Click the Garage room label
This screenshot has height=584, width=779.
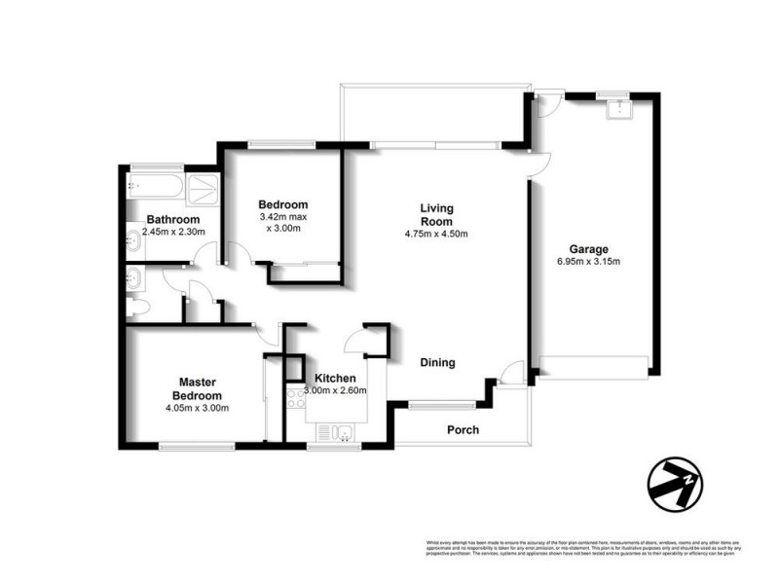pos(588,249)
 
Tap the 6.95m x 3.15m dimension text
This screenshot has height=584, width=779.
pos(588,262)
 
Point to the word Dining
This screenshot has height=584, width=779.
pos(437,363)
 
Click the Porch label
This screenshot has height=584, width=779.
pos(464,430)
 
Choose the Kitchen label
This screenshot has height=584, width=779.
pos(334,379)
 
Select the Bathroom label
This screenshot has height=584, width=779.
pos(173,220)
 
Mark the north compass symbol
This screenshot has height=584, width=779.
pos(674,484)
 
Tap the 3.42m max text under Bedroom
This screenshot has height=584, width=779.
pos(282,217)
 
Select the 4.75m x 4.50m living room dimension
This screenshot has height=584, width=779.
pos(437,234)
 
